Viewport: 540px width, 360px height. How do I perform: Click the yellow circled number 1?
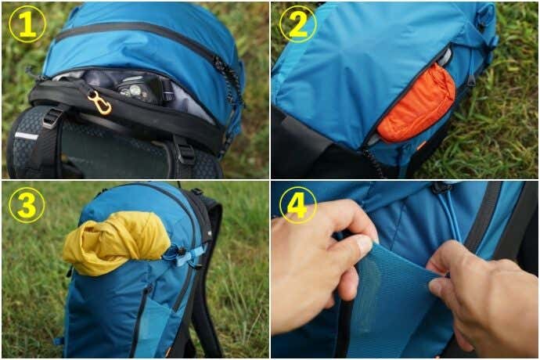[27, 24]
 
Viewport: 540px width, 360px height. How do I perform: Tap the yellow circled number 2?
[298, 24]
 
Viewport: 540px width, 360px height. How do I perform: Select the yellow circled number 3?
[27, 205]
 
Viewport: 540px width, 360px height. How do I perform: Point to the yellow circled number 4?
[298, 205]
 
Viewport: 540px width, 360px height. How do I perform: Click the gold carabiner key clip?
[100, 103]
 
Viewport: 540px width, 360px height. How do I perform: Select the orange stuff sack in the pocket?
[416, 103]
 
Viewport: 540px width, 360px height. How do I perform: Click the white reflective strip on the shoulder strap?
[26, 135]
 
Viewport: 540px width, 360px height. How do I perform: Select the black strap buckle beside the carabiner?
[52, 117]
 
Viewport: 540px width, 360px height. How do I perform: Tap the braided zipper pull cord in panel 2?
[373, 162]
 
